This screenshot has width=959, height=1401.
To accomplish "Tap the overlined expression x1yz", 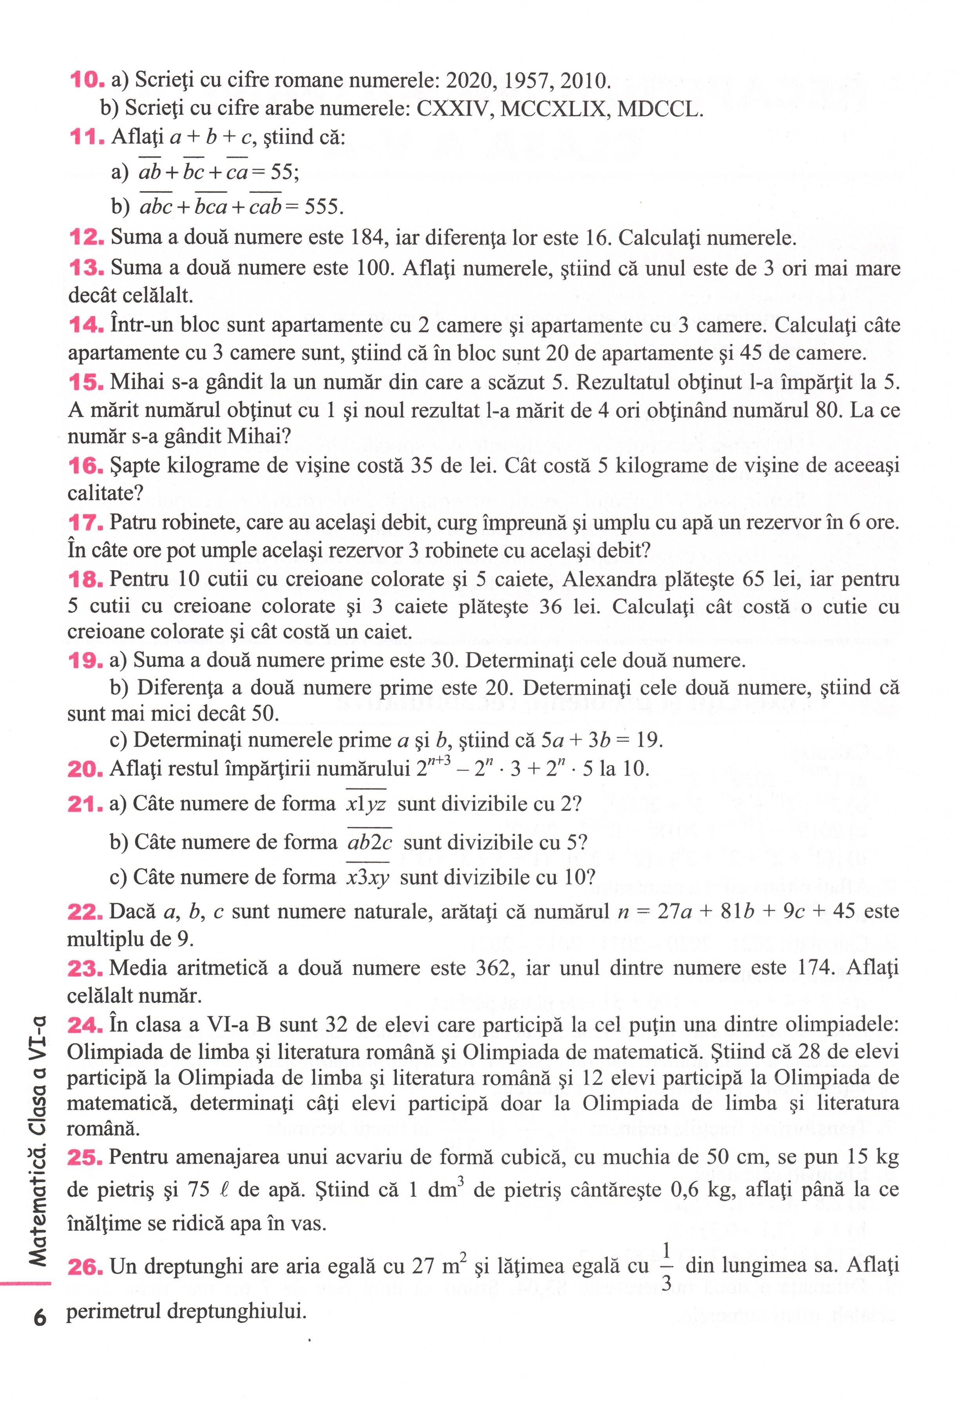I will tap(366, 804).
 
